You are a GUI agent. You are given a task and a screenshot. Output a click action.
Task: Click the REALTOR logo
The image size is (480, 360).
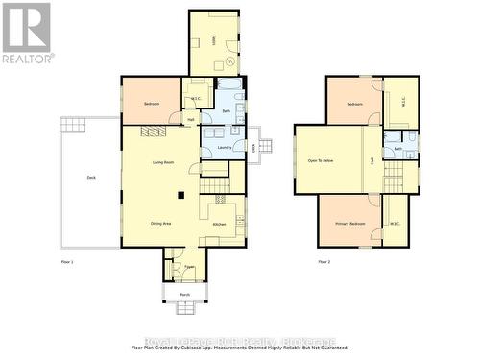tap(27, 33)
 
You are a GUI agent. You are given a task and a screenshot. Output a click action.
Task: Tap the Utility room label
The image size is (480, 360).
tap(212, 40)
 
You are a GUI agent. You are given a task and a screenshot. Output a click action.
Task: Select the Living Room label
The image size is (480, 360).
tap(162, 162)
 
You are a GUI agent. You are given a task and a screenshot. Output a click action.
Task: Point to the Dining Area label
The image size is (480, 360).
tap(160, 224)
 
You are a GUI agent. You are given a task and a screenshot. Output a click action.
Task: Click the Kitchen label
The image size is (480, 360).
tap(219, 225)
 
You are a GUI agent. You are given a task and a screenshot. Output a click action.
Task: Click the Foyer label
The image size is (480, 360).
tap(190, 267)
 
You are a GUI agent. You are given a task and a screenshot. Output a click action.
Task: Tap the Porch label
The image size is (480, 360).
tap(184, 294)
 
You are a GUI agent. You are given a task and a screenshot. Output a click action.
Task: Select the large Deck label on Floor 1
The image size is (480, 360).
tap(91, 178)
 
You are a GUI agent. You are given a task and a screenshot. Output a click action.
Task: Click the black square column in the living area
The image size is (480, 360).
tap(180, 196)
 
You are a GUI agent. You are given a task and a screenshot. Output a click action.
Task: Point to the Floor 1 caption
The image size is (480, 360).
tap(67, 261)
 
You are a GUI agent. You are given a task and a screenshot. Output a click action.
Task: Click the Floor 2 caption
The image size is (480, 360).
tap(324, 261)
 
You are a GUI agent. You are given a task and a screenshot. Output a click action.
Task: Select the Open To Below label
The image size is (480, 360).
tap(321, 160)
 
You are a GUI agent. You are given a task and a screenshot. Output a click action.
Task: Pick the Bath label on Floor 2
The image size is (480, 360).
tap(398, 150)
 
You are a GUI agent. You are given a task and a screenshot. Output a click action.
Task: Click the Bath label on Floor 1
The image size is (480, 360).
tap(227, 112)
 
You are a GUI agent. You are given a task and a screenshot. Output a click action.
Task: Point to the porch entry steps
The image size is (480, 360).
tap(184, 308)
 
